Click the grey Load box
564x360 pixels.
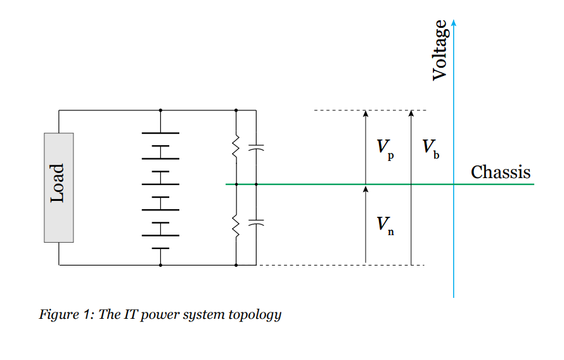click(58, 188)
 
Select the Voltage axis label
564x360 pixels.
click(439, 50)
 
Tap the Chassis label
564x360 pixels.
click(501, 172)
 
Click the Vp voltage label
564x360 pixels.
click(384, 149)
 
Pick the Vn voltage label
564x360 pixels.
click(384, 225)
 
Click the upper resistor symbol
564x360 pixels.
click(236, 148)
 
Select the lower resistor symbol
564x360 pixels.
click(236, 225)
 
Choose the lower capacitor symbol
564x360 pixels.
click(256, 223)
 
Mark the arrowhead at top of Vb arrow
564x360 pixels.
click(411, 113)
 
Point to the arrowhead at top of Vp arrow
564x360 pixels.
click(366, 113)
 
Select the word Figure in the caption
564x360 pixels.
click(55, 314)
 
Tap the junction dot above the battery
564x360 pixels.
click(161, 110)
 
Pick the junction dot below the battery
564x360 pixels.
click(161, 265)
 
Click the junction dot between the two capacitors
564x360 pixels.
click(256, 184)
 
